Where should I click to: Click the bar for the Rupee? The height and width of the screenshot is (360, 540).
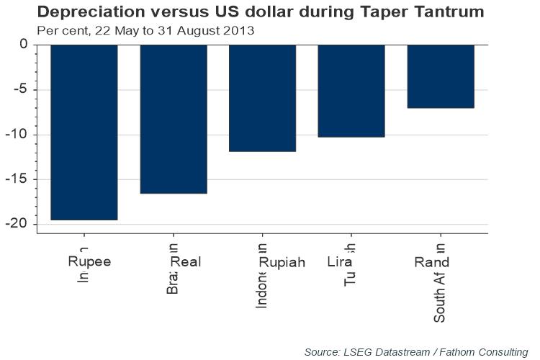click(x=84, y=132)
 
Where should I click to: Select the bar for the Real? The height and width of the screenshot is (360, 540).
click(x=174, y=119)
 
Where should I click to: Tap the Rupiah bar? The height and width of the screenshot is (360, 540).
click(x=262, y=98)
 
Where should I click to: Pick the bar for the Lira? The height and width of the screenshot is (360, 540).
click(x=351, y=91)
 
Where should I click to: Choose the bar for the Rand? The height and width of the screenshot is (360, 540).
click(x=441, y=76)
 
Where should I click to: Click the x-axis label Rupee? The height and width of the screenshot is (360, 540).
click(x=89, y=262)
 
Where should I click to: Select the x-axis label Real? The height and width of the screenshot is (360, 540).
click(x=185, y=262)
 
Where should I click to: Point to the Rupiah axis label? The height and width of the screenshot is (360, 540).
click(x=282, y=262)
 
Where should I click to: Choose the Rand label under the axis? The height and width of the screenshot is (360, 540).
click(x=432, y=262)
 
